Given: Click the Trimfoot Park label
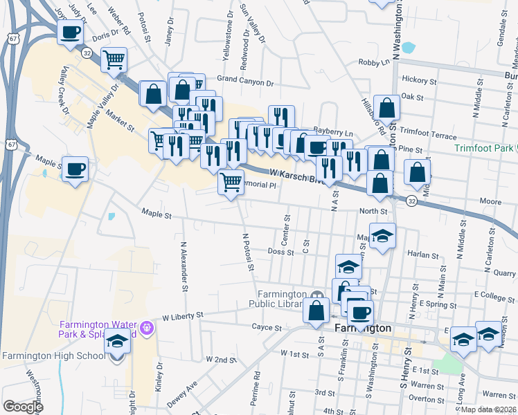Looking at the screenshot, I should point(484,148).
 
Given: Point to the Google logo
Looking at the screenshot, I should point(23,407).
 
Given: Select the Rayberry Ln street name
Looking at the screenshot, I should point(332,132).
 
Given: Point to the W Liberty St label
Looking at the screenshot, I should point(182,315).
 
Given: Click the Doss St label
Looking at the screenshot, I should point(280,252).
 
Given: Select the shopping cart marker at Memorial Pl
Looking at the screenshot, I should point(231,183).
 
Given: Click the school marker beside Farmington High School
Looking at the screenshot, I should point(117,343).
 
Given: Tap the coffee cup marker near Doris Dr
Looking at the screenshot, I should point(71,32).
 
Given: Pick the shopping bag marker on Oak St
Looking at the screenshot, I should point(387,107).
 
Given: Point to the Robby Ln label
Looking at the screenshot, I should point(374,62).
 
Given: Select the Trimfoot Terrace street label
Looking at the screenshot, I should point(429,131).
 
